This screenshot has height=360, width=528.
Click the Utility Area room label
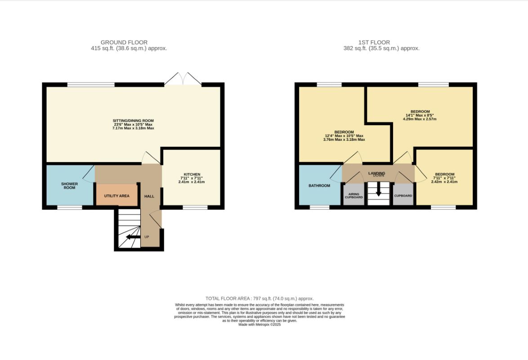[116, 196]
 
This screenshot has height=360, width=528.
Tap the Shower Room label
[69, 186]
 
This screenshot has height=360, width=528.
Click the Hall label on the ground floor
[149, 196]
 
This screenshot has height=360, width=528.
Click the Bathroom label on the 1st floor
[319, 186]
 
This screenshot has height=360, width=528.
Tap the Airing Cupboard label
[353, 195]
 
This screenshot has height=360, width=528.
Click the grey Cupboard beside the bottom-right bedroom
[403, 195]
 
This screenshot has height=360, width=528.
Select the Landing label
[376, 173]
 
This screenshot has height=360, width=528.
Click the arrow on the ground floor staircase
[133, 237]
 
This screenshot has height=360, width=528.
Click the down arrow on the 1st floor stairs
[378, 189]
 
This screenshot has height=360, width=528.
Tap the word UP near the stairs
[147, 237]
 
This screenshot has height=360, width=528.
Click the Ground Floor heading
[124, 42]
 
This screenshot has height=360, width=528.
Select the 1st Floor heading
[374, 42]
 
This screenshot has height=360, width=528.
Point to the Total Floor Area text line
[260, 298]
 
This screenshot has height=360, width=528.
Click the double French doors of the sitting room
[183, 79]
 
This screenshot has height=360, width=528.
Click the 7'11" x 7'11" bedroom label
[444, 178]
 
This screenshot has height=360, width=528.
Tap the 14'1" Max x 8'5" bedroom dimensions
[420, 115]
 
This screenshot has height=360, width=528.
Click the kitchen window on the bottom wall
[195, 207]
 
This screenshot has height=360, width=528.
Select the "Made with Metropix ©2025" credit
[260, 324]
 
